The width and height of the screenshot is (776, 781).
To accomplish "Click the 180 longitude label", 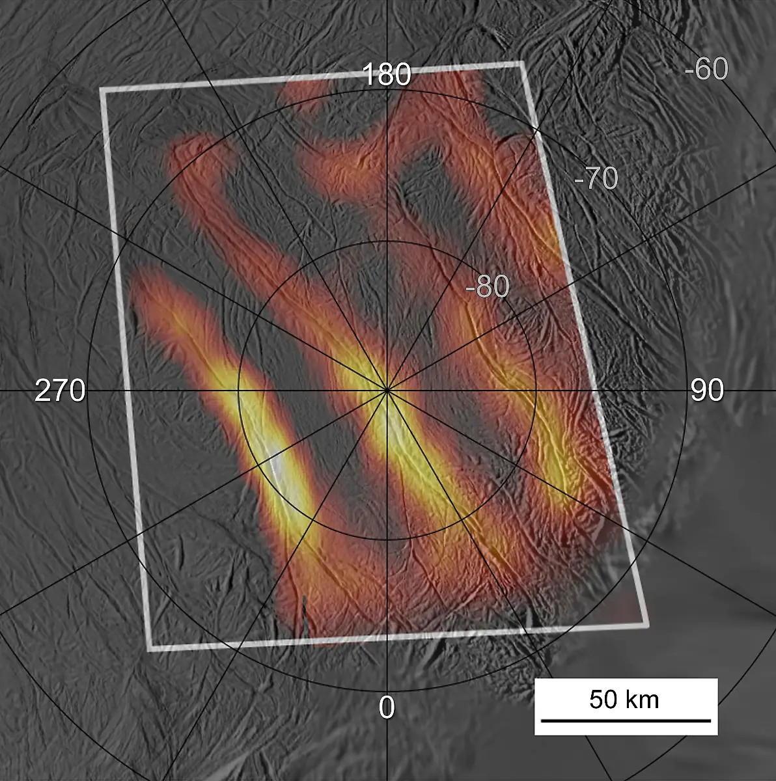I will click(x=387, y=75).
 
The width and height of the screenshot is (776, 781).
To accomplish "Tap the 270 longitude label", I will click(x=60, y=390).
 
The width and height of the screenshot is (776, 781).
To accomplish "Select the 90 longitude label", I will click(x=707, y=390).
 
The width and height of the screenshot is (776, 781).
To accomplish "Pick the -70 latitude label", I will click(x=596, y=178).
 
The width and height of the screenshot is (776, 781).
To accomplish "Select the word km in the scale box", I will click(x=642, y=700).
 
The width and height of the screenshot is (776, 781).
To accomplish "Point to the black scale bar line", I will click(x=626, y=720).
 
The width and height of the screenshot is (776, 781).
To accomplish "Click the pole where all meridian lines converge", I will click(x=387, y=390).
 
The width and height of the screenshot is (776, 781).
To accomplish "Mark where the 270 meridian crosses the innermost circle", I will click(x=238, y=390).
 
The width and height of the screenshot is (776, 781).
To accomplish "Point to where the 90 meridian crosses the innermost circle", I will click(x=536, y=390).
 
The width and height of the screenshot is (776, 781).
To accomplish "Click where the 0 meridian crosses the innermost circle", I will click(x=387, y=539).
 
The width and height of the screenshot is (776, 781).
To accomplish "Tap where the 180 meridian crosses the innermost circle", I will click(x=387, y=241).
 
